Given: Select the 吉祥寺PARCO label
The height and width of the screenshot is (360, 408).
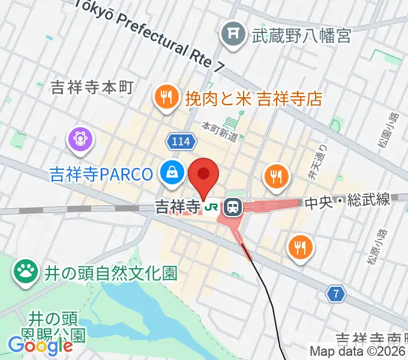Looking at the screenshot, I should click(x=101, y=175).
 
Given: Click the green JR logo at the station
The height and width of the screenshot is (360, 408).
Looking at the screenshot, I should click(x=211, y=208).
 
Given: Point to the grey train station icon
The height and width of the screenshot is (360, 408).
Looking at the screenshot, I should click(x=231, y=208).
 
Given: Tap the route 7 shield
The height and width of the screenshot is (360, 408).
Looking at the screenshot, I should click(x=337, y=294).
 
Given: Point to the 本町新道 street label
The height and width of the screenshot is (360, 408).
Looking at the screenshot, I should click(x=220, y=131).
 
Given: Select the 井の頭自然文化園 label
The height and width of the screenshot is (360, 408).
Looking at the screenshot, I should click(x=110, y=274).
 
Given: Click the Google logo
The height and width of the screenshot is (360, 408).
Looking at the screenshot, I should click(x=40, y=346).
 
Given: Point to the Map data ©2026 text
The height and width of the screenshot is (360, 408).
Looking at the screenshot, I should click(x=357, y=352).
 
